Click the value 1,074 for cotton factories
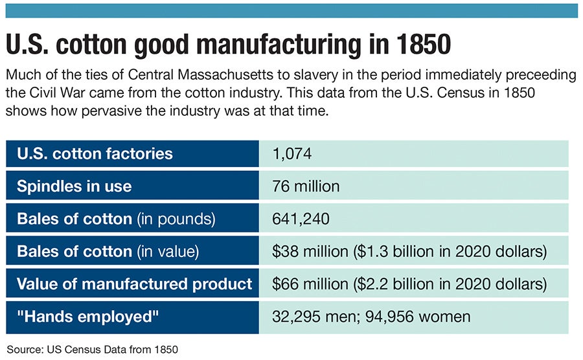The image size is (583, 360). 292,153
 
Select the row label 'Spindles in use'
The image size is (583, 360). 74,186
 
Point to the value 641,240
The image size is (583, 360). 301,219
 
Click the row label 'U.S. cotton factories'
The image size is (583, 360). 95,153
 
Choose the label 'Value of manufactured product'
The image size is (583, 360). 134,284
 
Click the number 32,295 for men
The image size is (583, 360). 294,317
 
